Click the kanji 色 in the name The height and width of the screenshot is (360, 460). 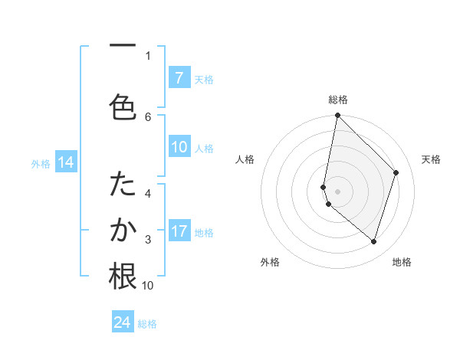(x=123, y=106)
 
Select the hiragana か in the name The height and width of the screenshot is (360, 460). (x=123, y=231)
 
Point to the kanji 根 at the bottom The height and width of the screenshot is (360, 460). (x=123, y=276)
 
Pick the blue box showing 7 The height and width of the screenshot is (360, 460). (x=179, y=78)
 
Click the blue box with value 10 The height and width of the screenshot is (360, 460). (x=179, y=148)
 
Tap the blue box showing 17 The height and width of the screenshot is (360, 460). (x=179, y=231)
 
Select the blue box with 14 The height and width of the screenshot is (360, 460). (x=65, y=162)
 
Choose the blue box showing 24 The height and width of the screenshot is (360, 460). (x=123, y=322)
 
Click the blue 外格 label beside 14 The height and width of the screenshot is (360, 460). (x=41, y=163)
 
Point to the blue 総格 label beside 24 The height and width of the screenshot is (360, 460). (x=147, y=323)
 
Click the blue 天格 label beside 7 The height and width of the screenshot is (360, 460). (x=203, y=79)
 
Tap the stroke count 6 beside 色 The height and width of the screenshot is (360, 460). (x=148, y=116)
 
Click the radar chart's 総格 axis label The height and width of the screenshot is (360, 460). (x=337, y=100)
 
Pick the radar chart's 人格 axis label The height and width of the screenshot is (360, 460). (x=245, y=159)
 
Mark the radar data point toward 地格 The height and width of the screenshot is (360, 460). (x=373, y=242)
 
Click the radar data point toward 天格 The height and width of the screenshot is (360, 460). (x=396, y=172)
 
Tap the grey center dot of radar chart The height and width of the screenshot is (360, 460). (x=337, y=191)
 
